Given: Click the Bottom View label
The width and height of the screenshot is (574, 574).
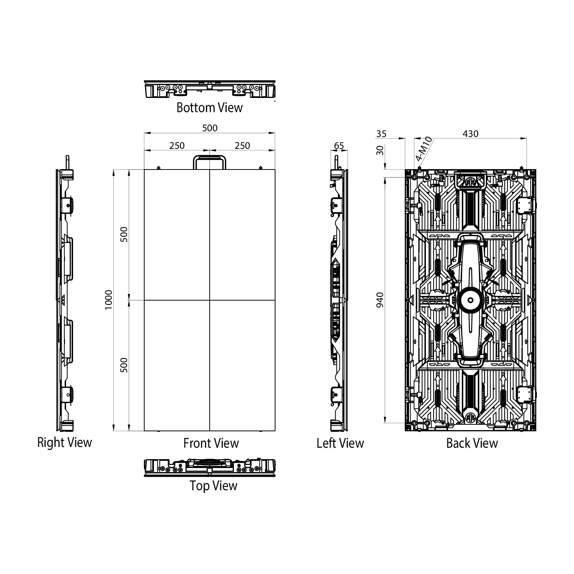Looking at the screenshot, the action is click(x=209, y=108).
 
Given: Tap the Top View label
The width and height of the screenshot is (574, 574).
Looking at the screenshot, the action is click(x=214, y=486).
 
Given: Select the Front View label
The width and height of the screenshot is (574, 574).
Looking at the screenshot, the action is click(x=211, y=443).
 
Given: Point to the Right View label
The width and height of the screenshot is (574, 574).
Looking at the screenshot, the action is click(x=64, y=442).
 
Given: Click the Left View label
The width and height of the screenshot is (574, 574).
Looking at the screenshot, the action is click(x=340, y=443).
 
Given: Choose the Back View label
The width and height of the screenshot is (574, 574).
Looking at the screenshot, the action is click(x=472, y=443).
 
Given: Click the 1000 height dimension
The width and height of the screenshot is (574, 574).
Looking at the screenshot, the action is click(x=109, y=300).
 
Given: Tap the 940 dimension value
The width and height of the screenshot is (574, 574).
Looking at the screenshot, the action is click(x=380, y=300).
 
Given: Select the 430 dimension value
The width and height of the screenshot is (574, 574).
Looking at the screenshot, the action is click(x=470, y=134).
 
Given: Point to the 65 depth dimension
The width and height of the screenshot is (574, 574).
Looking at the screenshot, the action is click(x=339, y=145).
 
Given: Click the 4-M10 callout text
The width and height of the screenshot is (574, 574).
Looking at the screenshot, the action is click(x=424, y=149).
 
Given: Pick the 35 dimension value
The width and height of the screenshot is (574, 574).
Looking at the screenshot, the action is click(x=381, y=134).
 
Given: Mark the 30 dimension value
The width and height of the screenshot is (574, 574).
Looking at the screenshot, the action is click(x=380, y=150).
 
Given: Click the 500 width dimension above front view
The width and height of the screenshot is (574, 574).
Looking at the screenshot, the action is click(x=210, y=128).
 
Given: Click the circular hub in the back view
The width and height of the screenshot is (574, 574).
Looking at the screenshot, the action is click(x=470, y=300).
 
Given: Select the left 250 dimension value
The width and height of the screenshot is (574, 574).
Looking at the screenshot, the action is click(x=177, y=145).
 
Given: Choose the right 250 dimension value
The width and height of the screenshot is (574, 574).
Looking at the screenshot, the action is click(x=242, y=145).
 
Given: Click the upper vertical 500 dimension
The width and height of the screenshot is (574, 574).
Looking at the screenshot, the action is click(x=124, y=234).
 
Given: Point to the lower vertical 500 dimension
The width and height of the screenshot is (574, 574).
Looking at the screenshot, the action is click(x=124, y=365).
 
